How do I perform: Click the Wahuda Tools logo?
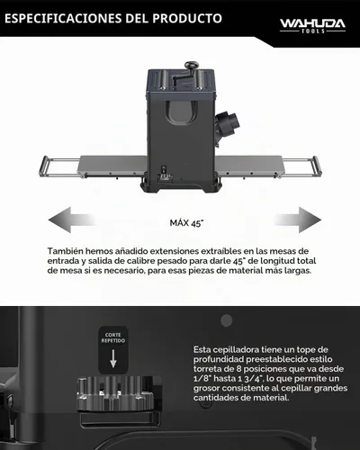312,26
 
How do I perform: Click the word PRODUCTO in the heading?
187,18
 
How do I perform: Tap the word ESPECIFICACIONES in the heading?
63,18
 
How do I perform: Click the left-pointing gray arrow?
71,220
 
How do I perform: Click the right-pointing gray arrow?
298,220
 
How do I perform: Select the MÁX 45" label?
186,223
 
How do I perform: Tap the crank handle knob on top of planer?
191,65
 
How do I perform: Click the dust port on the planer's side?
228,123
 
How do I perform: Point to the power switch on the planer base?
165,170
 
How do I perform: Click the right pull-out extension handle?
317,166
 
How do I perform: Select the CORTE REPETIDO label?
113,337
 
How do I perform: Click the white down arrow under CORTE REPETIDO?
113,359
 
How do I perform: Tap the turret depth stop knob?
115,394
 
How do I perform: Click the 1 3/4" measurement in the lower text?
247,378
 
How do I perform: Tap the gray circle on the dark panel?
227,320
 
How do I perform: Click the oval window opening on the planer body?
182,112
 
